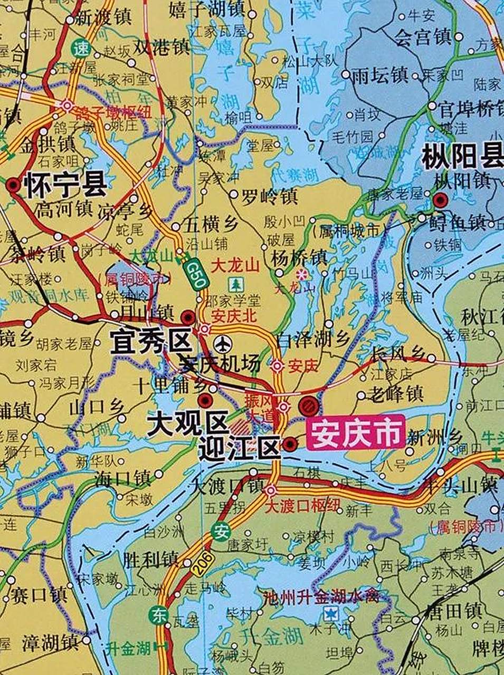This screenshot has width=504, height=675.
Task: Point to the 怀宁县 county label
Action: click(65, 186)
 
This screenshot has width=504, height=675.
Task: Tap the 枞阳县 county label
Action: click(462, 157)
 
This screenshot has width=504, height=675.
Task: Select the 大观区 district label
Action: click(186, 423)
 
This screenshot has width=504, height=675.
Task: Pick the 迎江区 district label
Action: click(239, 449)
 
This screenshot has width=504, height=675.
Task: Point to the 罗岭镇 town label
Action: click(269, 197)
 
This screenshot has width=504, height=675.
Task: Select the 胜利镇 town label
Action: click(150, 559)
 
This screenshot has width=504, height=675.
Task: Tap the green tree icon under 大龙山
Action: click(235, 285)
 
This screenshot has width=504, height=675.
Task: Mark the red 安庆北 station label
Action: click(233, 316)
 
